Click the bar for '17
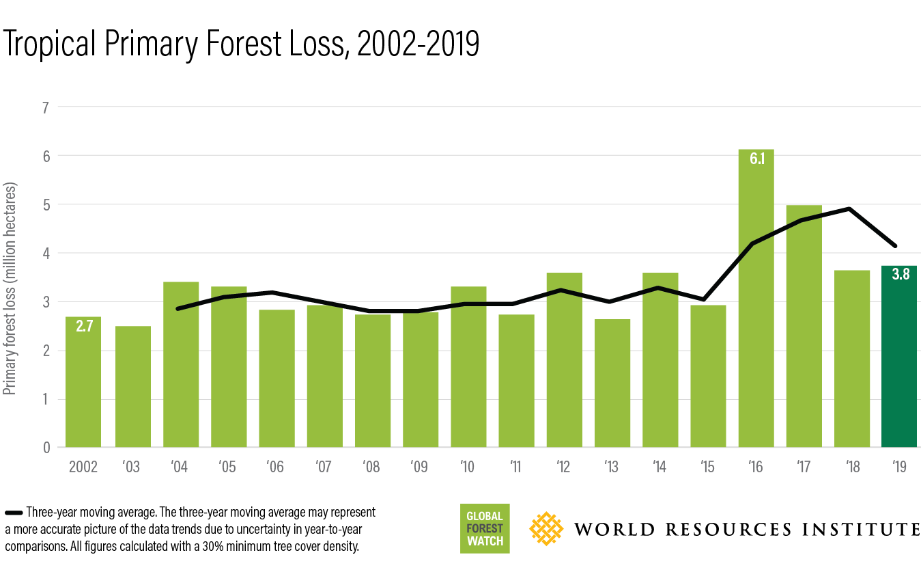pos(804,328)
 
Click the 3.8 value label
pos(899,278)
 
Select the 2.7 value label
pos(83,327)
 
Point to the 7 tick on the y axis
pos(46,107)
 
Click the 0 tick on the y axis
pos(46,448)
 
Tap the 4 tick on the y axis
pos(46,253)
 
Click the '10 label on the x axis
pos(468,467)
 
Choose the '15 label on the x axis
pos(707,467)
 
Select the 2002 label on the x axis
pos(83,467)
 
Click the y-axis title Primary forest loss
pos(10,288)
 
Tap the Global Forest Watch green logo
pos(485,529)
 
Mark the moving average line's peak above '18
pos(851,208)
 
